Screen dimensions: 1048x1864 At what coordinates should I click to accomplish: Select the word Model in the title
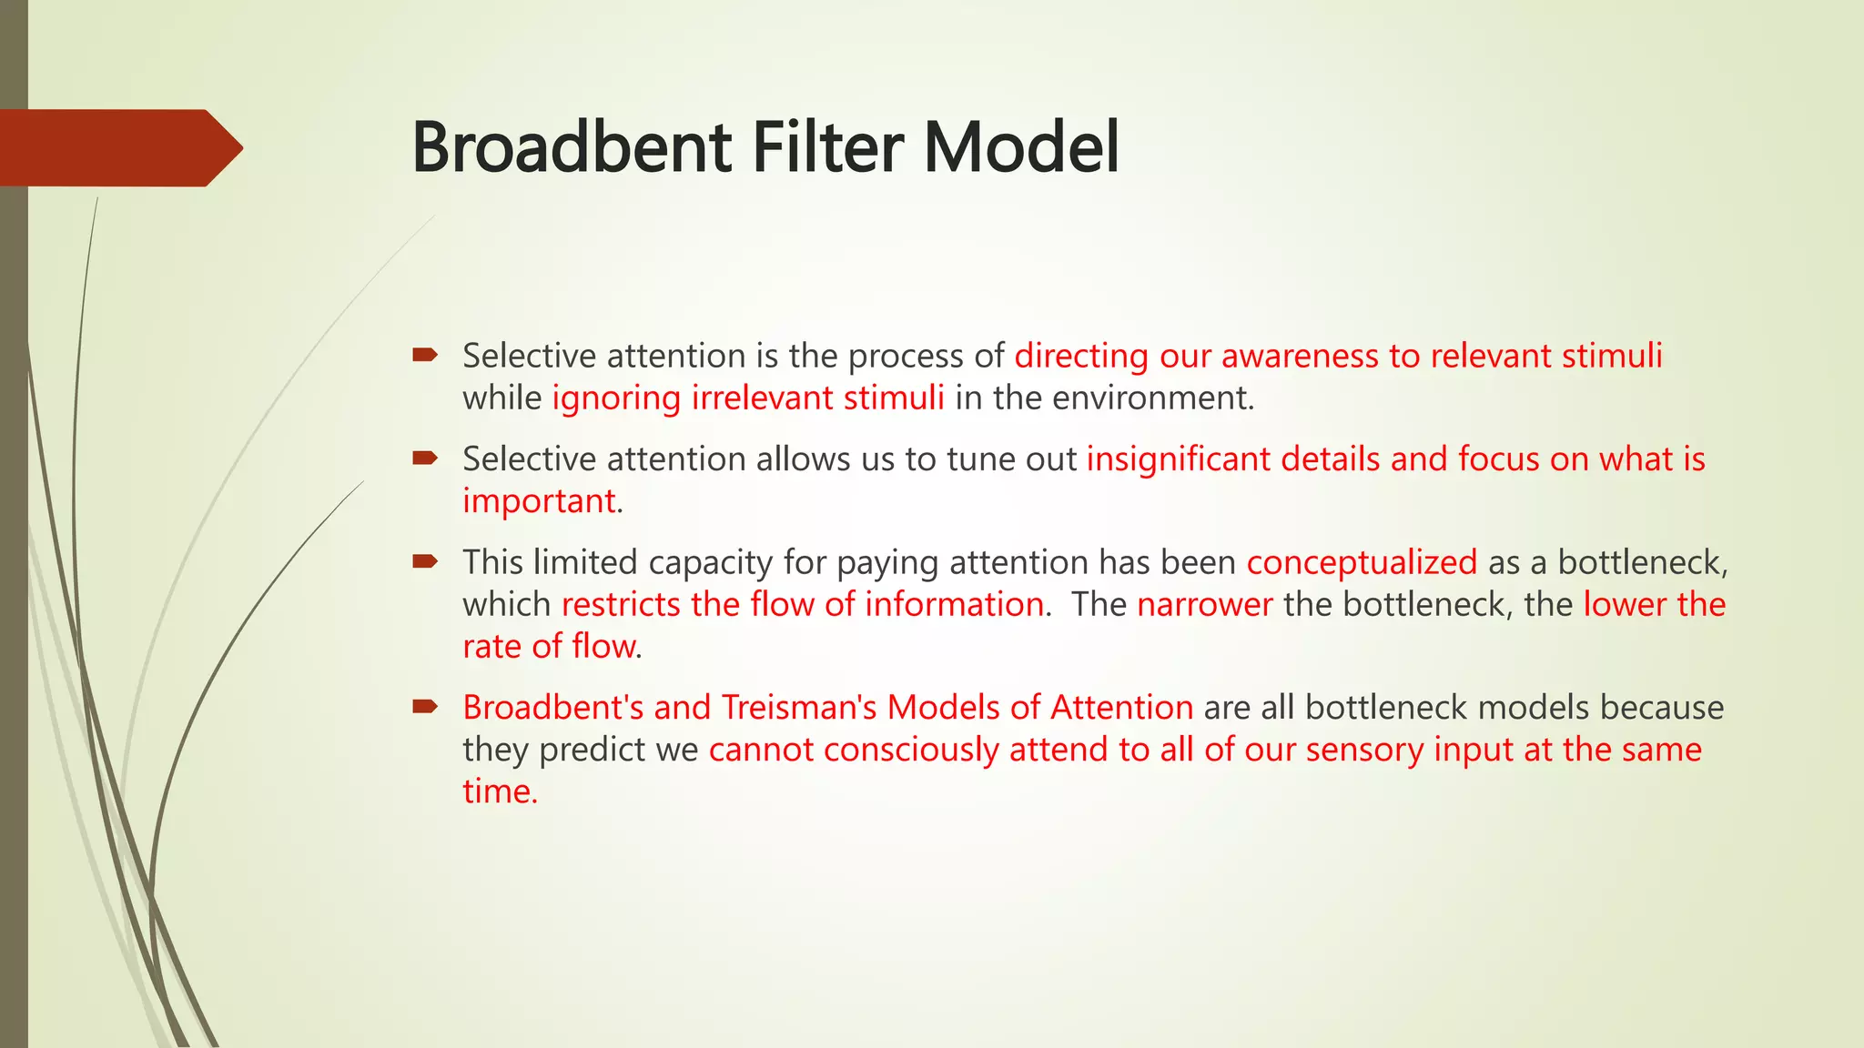click(x=1021, y=147)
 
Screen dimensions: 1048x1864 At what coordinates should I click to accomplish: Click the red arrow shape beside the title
click(x=118, y=147)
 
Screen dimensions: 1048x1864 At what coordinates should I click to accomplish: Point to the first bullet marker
click(x=425, y=355)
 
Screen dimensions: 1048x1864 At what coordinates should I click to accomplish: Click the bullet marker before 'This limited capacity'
click(x=425, y=561)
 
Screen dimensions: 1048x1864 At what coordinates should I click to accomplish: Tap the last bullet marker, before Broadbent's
click(x=425, y=706)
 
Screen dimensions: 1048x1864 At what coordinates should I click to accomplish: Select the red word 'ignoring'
click(x=616, y=398)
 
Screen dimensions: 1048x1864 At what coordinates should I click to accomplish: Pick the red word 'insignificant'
click(x=1179, y=459)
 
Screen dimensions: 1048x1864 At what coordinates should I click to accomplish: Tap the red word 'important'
click(x=539, y=501)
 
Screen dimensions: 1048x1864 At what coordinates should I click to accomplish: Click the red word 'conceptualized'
click(x=1362, y=563)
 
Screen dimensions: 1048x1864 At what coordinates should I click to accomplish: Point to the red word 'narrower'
click(x=1204, y=605)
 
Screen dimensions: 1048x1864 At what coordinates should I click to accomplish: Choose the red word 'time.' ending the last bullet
click(x=500, y=791)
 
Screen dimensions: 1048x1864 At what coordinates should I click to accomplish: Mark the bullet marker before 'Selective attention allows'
click(x=425, y=458)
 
